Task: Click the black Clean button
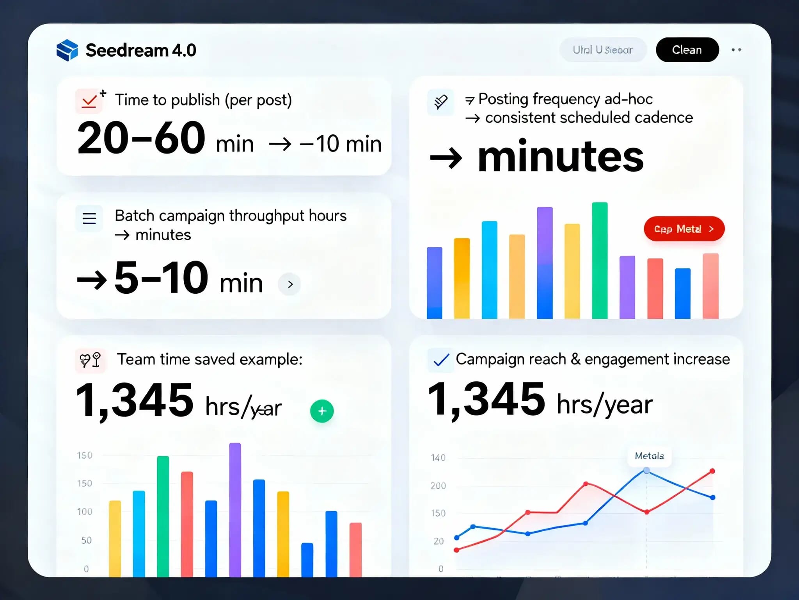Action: click(x=687, y=50)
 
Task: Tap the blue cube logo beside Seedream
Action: click(x=67, y=50)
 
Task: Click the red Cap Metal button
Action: click(x=684, y=229)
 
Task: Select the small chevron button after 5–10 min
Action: click(x=289, y=284)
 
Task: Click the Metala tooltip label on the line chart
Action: click(x=649, y=456)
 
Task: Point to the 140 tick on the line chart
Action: click(x=438, y=458)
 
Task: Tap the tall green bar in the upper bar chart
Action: click(x=600, y=260)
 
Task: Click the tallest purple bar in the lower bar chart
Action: click(x=235, y=509)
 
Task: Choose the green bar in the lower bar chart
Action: click(x=163, y=516)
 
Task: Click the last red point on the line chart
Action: click(x=712, y=471)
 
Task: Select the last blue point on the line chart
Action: click(x=712, y=497)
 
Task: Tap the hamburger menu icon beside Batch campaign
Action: click(x=89, y=218)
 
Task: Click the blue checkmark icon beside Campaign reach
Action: click(x=441, y=360)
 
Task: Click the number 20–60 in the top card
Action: click(x=141, y=138)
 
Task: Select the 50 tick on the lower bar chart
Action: click(x=86, y=540)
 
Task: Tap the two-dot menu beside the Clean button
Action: click(x=736, y=50)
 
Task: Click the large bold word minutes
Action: click(x=560, y=157)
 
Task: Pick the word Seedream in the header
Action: click(x=127, y=50)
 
